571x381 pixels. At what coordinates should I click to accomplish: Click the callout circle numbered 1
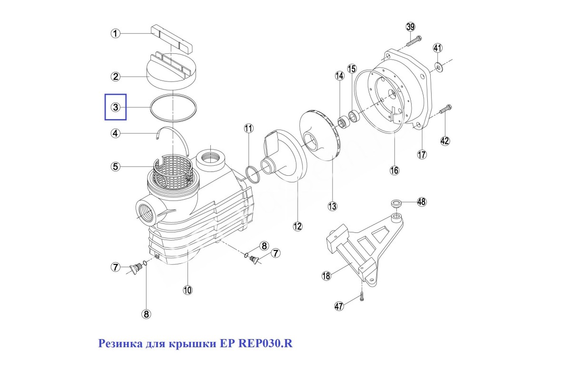pyautogui.click(x=116, y=33)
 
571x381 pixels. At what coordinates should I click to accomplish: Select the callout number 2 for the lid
pyautogui.click(x=116, y=77)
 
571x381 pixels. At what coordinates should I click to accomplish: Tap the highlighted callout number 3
pyautogui.click(x=116, y=107)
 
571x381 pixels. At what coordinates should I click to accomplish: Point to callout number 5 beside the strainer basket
pyautogui.click(x=116, y=167)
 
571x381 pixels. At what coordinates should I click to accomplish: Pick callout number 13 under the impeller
pyautogui.click(x=332, y=206)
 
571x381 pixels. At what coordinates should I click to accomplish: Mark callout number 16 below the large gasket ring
pyautogui.click(x=394, y=170)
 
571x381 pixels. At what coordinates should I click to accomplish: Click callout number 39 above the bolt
pyautogui.click(x=411, y=26)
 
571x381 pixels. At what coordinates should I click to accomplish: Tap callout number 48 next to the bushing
pyautogui.click(x=422, y=201)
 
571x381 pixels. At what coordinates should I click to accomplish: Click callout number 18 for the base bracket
pyautogui.click(x=326, y=276)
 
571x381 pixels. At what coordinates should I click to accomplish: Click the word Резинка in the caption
pyautogui.click(x=118, y=344)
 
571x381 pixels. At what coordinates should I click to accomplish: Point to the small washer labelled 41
pyautogui.click(x=438, y=67)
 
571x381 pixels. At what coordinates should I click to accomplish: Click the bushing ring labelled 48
pyautogui.click(x=395, y=204)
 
